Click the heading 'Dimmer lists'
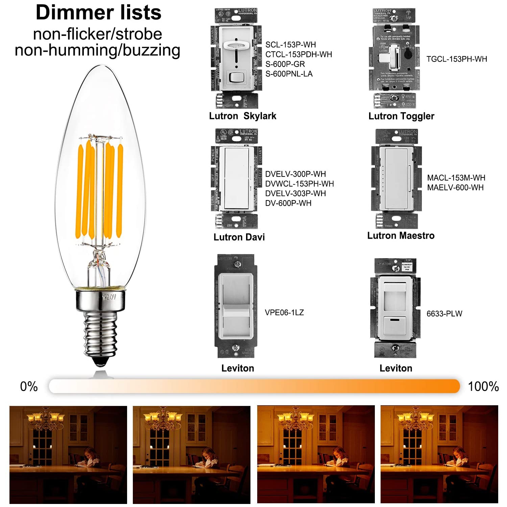click(x=98, y=13)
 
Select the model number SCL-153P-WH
click(x=290, y=45)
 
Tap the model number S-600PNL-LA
click(x=289, y=74)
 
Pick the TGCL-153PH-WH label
click(x=456, y=59)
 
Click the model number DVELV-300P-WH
click(x=295, y=174)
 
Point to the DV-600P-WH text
click(x=288, y=203)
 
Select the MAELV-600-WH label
click(x=455, y=188)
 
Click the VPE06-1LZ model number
click(x=284, y=313)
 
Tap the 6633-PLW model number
click(x=444, y=314)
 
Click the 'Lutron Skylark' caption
click(x=242, y=116)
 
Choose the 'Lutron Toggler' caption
click(x=401, y=116)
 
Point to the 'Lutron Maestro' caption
click(x=401, y=236)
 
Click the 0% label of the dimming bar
click(x=29, y=386)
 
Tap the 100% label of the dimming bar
click(x=483, y=386)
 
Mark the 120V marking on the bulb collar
click(x=109, y=297)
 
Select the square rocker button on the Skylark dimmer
click(x=236, y=77)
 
